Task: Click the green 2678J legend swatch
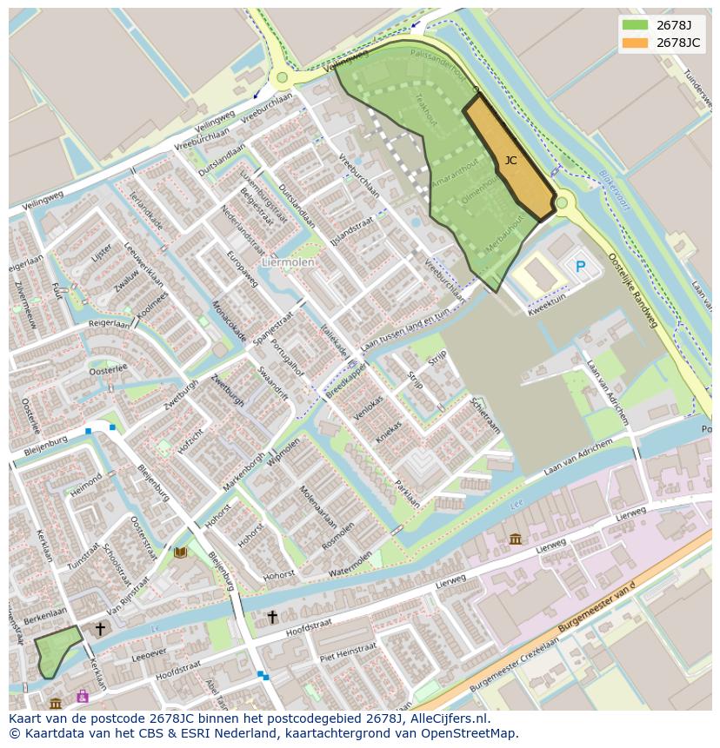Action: (635, 25)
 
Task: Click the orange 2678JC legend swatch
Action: (635, 43)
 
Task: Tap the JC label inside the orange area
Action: (510, 160)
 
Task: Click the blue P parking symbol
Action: (580, 267)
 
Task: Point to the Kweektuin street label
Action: (548, 300)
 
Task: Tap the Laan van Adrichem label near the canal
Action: (578, 458)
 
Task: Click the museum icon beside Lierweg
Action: (516, 539)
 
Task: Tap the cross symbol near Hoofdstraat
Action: (272, 617)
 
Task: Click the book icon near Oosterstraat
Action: (181, 553)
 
